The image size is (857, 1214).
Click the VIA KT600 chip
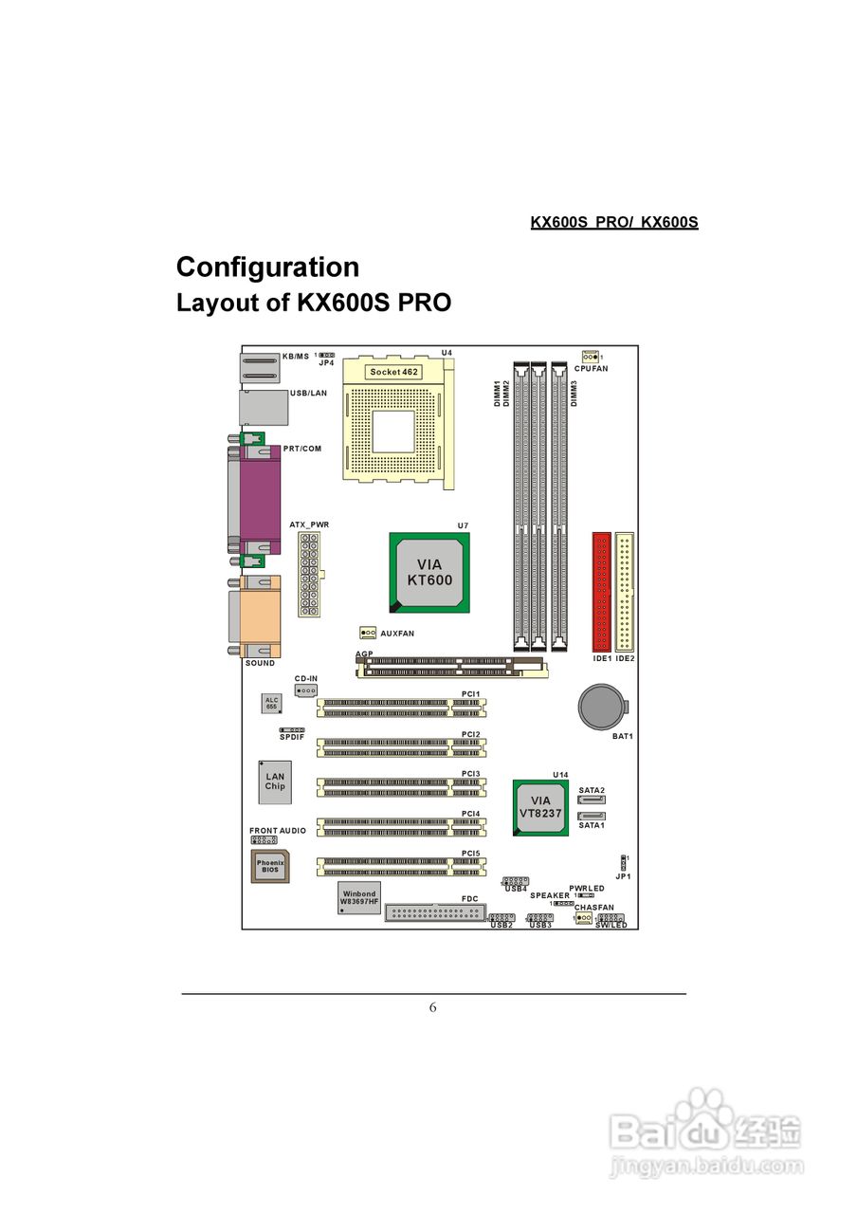[429, 572]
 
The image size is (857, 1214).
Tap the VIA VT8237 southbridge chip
[540, 807]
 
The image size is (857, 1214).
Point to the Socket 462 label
[393, 372]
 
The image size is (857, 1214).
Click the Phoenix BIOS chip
[270, 866]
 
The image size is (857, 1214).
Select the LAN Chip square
[275, 781]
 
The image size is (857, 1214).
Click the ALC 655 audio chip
[272, 703]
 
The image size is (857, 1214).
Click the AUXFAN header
[368, 632]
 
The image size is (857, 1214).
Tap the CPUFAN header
[590, 356]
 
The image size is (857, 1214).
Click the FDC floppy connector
[435, 912]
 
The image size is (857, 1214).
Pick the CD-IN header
[305, 690]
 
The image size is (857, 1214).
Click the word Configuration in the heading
[267, 267]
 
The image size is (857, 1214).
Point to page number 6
[433, 1007]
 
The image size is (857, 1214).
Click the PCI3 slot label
[470, 774]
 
